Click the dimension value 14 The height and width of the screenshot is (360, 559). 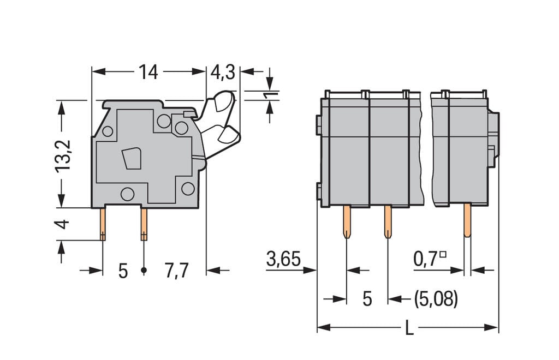click(148, 72)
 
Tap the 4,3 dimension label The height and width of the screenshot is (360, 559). click(223, 73)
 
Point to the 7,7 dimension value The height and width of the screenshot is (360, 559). click(176, 271)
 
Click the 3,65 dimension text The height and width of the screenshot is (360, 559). click(283, 259)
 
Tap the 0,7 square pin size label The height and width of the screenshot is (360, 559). click(430, 259)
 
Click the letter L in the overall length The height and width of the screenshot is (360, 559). click(409, 328)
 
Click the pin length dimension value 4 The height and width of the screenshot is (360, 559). click(62, 224)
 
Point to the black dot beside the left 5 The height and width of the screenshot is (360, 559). click(144, 271)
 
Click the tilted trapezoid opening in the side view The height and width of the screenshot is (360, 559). click(132, 159)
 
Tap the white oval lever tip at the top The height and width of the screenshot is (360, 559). click(223, 101)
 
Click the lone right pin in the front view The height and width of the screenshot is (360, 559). click(467, 220)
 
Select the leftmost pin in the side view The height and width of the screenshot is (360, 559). click(103, 224)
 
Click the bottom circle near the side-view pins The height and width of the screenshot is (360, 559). click(127, 194)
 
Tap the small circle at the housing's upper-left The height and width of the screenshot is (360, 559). click(108, 131)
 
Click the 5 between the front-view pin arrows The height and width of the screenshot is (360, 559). click(367, 299)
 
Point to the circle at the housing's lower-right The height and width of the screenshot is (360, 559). click(188, 188)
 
